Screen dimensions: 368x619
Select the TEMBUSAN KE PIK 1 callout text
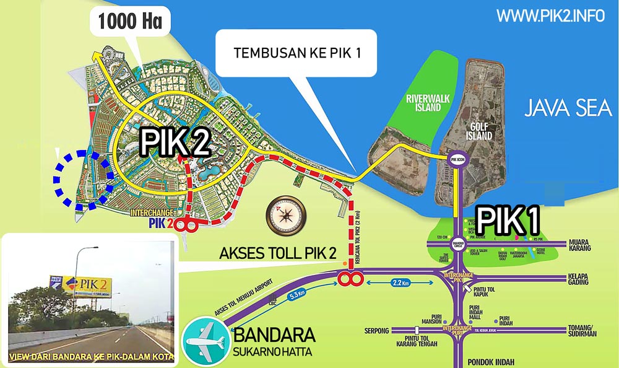click(x=297, y=53)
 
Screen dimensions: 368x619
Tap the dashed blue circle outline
click(x=84, y=177)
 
